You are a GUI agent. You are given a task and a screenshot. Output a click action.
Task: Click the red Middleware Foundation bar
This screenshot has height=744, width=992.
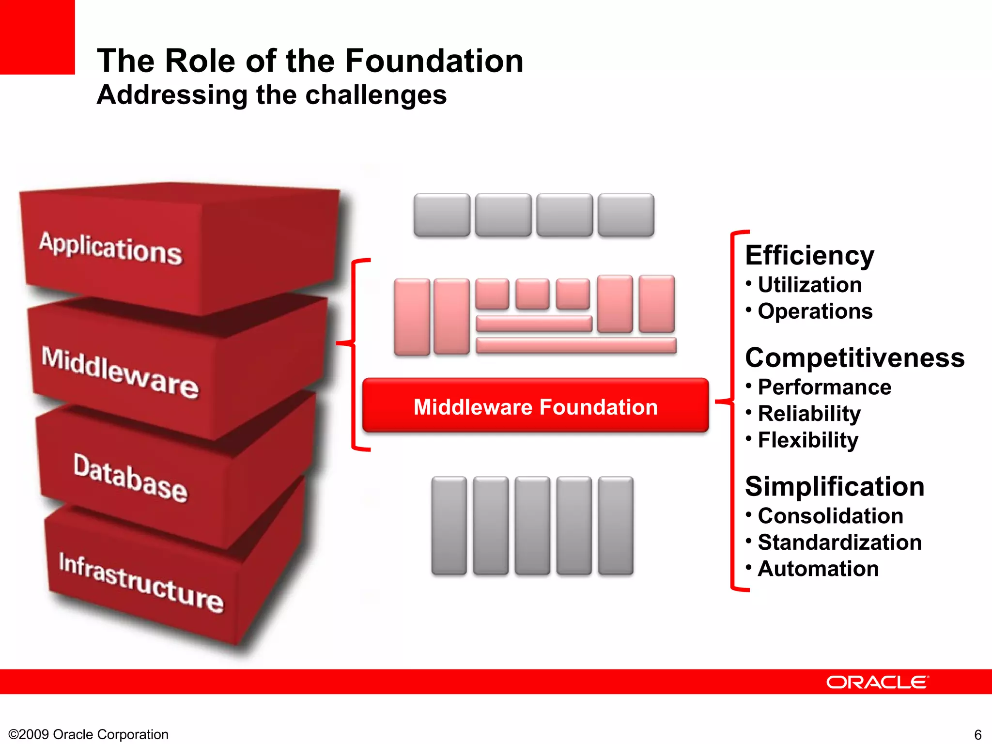coord(535,406)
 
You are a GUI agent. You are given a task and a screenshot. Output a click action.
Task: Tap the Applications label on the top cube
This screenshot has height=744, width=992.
coord(111,248)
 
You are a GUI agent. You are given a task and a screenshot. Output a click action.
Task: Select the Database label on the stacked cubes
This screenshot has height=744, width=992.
coord(130,478)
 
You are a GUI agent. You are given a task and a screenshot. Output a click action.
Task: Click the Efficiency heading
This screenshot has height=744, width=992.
coord(809,255)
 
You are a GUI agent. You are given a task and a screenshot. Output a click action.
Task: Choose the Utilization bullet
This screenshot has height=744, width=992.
coord(809,285)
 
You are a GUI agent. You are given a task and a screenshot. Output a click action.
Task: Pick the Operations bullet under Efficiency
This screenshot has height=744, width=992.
coord(815,311)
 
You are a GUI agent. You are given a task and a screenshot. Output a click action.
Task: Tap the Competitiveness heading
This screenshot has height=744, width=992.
coord(854,358)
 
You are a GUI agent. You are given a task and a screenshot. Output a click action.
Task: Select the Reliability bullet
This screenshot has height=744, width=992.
coord(809,414)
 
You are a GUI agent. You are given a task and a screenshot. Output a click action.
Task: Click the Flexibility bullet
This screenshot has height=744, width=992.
coord(807,440)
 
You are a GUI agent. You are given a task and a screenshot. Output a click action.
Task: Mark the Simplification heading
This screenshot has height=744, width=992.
coord(835,486)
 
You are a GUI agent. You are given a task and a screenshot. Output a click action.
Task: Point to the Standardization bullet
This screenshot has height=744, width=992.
coord(839,542)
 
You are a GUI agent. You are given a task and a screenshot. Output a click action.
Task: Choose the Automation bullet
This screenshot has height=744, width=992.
coord(818,569)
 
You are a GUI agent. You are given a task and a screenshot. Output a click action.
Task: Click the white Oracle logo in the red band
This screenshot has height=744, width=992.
coord(877,682)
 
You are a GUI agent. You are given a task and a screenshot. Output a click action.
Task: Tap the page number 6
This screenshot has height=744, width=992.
coord(977,734)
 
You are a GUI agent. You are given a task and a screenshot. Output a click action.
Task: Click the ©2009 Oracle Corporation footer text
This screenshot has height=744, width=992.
coord(89,734)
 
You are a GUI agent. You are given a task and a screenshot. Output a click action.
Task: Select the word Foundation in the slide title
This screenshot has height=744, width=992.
coord(434,61)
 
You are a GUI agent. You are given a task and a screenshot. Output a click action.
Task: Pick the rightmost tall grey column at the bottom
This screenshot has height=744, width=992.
coord(615,526)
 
